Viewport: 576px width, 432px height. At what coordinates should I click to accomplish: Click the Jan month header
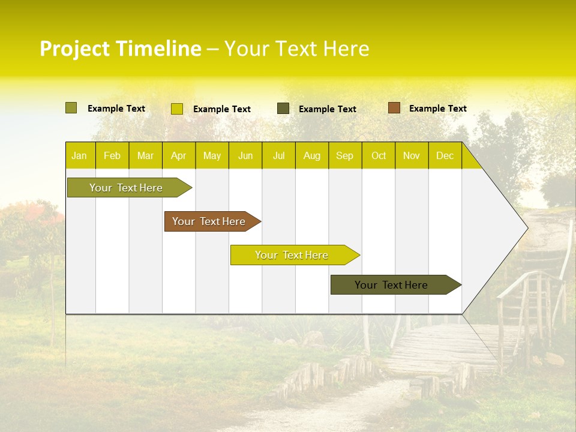tap(79, 155)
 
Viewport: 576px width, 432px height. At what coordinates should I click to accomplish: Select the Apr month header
tap(178, 155)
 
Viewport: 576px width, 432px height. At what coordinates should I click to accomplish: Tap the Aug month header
tap(311, 155)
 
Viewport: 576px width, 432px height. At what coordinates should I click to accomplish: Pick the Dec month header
tap(445, 155)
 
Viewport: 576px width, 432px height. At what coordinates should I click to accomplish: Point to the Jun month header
tap(245, 155)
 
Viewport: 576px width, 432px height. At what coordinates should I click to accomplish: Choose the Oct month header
tap(379, 155)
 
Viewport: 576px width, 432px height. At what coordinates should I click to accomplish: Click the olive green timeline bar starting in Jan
tap(126, 188)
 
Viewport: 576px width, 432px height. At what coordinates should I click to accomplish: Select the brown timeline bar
tap(209, 221)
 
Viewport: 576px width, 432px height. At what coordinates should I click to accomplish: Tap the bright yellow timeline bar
tap(292, 255)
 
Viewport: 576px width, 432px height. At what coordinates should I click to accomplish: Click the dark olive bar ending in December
tap(392, 285)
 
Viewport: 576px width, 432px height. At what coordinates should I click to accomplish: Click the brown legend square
tap(394, 108)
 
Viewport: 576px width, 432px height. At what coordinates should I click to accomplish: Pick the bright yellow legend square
tap(176, 109)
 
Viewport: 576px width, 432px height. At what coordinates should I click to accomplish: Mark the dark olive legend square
tap(283, 109)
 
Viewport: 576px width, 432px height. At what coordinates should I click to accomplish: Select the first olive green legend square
tap(71, 108)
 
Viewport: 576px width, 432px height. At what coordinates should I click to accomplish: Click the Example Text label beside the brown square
tap(437, 109)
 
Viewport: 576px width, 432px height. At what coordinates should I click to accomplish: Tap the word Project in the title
tap(75, 49)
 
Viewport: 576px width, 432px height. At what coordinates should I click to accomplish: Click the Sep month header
tap(344, 155)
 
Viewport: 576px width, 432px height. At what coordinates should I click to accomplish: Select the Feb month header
tap(112, 155)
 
